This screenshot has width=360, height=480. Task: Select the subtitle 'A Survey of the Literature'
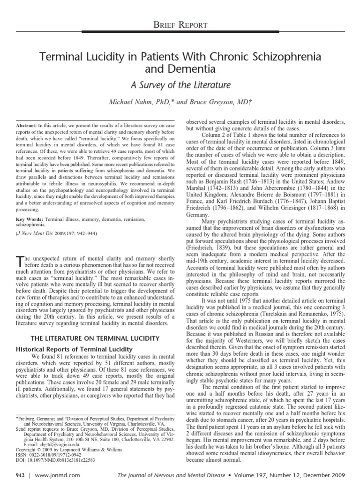180,85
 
